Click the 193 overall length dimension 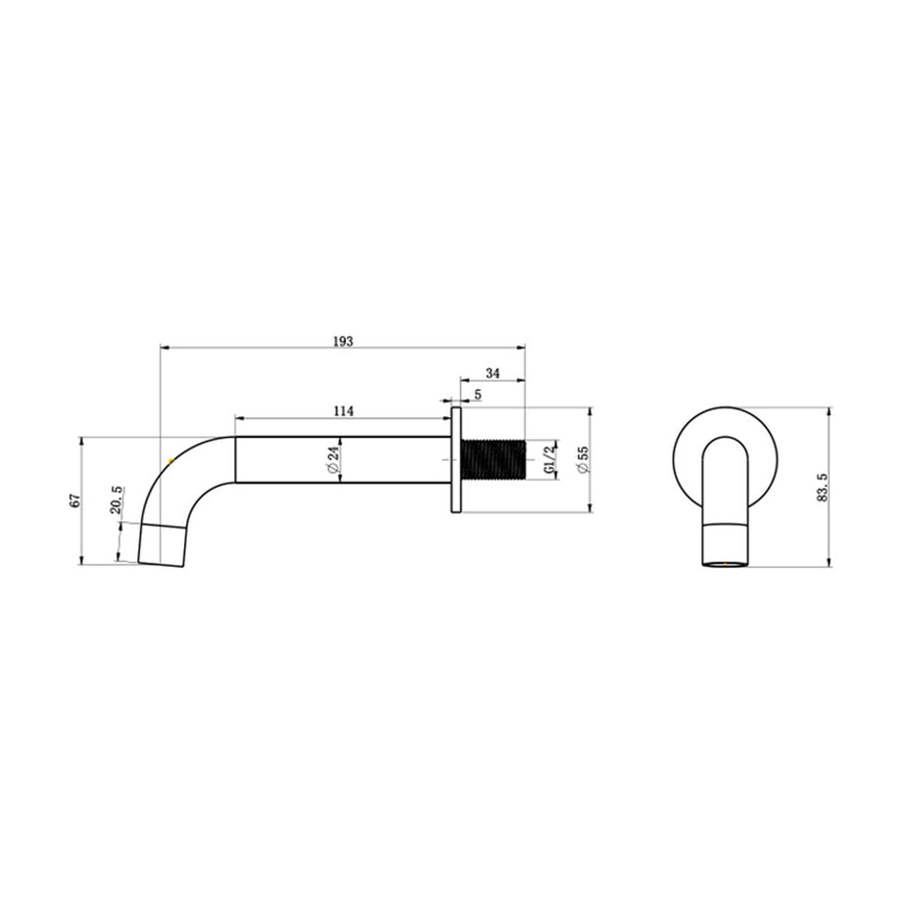tap(343, 341)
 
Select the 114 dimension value tap(343, 411)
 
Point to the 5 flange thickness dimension tap(477, 394)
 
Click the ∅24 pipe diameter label tap(333, 459)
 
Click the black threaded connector tap(494, 459)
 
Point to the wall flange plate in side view tap(455, 459)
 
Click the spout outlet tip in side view tap(162, 545)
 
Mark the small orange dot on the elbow tap(170, 458)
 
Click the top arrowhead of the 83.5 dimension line tap(830, 411)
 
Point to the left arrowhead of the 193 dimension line tap(165, 347)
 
